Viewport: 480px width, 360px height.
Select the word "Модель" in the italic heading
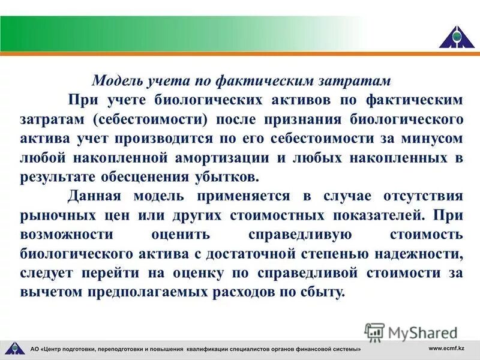[113, 80]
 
